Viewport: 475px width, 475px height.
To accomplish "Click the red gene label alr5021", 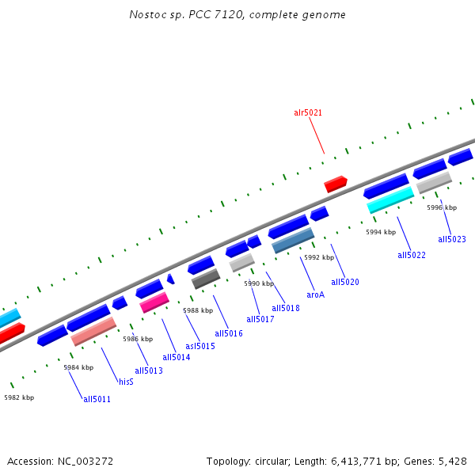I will coord(308,113).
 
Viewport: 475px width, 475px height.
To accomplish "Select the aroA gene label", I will coord(316,294).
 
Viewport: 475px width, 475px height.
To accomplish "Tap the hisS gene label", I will coord(126,382).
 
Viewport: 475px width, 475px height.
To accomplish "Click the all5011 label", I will coord(97,399).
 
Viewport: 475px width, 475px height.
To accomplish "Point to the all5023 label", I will coord(452,239).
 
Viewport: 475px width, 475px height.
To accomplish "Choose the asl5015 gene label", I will coord(200,346).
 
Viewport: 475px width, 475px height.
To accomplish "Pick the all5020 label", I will coord(345,282).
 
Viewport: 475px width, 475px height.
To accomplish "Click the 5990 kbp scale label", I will coord(258,283).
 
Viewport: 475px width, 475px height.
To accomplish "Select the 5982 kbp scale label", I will coord(19,397).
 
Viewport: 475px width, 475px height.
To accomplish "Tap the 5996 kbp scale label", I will coord(442,207).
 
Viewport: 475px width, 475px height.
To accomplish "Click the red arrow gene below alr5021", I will coord(336,184).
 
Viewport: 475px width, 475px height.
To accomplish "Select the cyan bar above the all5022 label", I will coord(390,199).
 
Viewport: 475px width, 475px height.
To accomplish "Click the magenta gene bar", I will coord(154,302).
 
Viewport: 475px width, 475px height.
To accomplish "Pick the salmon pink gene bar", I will coord(93,332).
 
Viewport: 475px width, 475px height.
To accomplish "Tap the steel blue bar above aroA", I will coord(293,241).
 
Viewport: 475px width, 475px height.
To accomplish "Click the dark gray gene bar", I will coord(206,279).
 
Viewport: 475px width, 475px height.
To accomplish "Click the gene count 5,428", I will coord(454,461).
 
